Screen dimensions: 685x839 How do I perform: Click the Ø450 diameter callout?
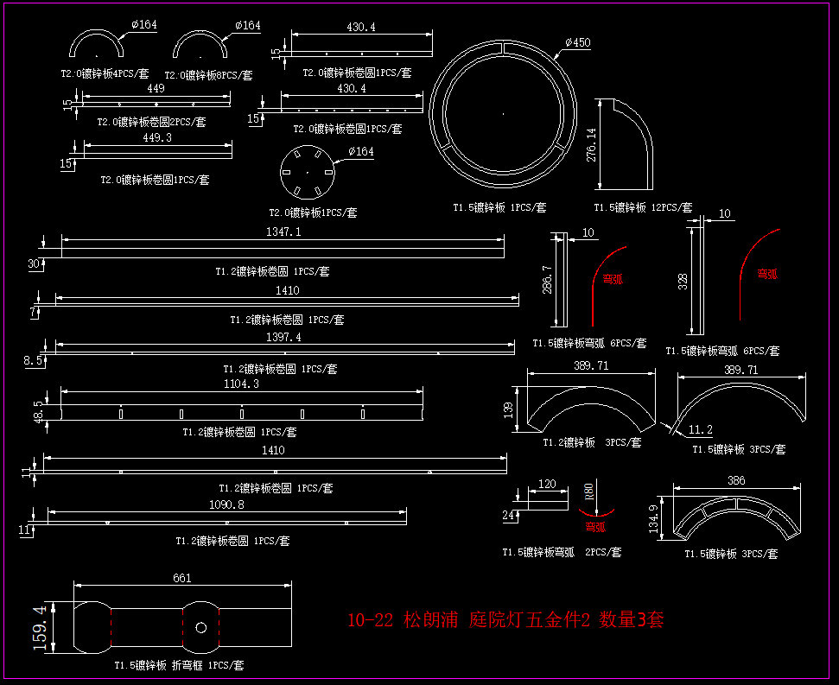pyautogui.click(x=578, y=43)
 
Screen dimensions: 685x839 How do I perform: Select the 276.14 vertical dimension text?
pyautogui.click(x=591, y=144)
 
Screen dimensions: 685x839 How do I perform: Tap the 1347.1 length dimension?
pyautogui.click(x=283, y=232)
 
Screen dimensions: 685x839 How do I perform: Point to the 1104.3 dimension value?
pyautogui.click(x=242, y=384)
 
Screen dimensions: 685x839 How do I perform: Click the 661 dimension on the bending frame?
pyautogui.click(x=182, y=578)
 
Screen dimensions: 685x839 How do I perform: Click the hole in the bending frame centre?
pyautogui.click(x=200, y=627)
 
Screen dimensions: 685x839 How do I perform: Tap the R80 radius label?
pyautogui.click(x=588, y=492)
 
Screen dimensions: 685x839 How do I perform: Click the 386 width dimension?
pyautogui.click(x=736, y=480)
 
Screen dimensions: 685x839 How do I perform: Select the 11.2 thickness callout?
pyautogui.click(x=700, y=429)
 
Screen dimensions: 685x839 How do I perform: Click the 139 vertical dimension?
pyautogui.click(x=509, y=407)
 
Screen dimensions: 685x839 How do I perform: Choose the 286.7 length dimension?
pyautogui.click(x=547, y=280)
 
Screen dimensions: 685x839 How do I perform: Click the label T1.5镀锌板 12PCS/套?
pyautogui.click(x=642, y=207)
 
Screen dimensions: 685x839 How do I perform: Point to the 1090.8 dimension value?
pyautogui.click(x=227, y=504)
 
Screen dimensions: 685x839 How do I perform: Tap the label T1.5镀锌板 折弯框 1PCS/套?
pyautogui.click(x=180, y=666)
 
